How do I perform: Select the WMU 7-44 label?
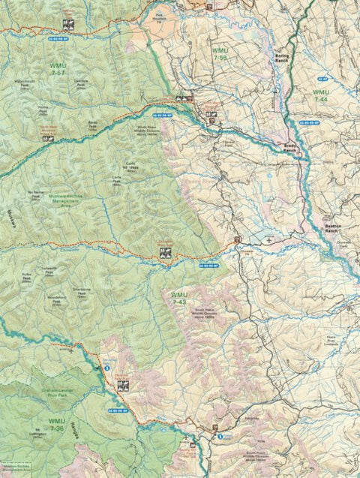(x=320, y=95)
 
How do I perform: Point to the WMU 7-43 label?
(x=178, y=298)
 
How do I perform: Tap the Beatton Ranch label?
(x=334, y=227)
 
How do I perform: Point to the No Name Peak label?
(x=34, y=194)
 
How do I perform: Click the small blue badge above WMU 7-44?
(x=320, y=77)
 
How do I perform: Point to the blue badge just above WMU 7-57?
(x=58, y=35)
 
